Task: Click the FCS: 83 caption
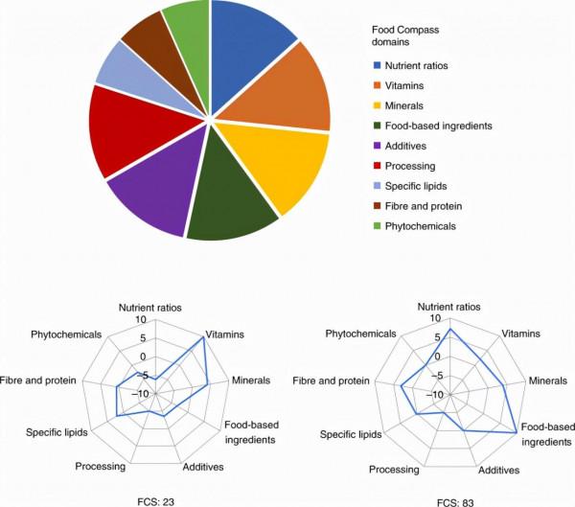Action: coord(449,499)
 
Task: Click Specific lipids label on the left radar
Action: coord(57,431)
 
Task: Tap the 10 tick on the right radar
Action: coord(436,320)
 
